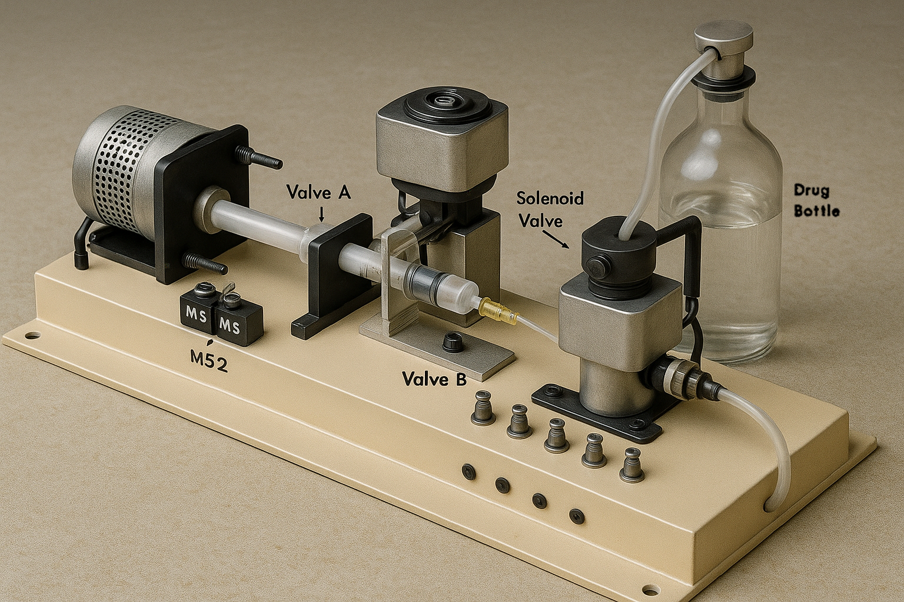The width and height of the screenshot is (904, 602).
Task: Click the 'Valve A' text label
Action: pos(319,192)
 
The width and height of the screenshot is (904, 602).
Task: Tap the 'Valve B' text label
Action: pos(434,379)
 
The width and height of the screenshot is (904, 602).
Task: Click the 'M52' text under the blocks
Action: pos(209,364)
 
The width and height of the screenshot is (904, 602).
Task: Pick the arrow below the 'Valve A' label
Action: pos(321,213)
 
